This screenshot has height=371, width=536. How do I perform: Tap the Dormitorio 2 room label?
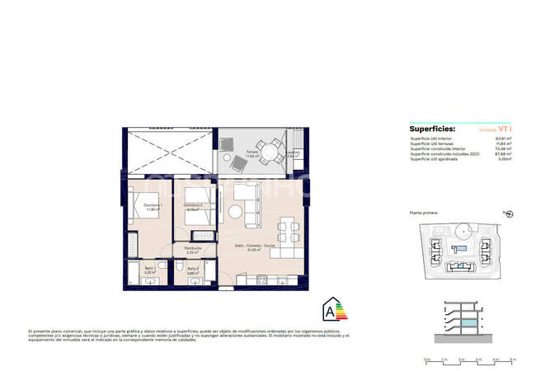point(193,206)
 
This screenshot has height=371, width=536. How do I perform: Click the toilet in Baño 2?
point(179,266)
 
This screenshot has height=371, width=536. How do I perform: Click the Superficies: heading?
point(430,129)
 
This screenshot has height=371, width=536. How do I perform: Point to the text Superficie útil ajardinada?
point(437,160)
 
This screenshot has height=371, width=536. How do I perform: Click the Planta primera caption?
point(423,212)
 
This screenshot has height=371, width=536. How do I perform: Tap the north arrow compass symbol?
point(509,214)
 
